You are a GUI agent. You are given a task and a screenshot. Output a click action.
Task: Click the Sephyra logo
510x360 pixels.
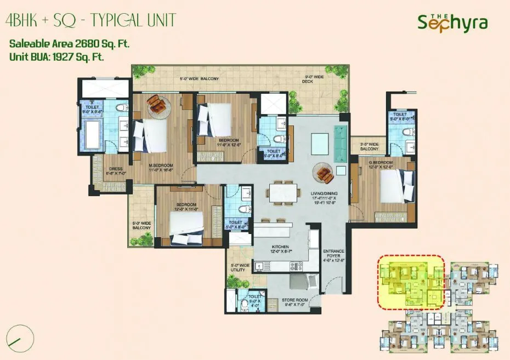[452, 22]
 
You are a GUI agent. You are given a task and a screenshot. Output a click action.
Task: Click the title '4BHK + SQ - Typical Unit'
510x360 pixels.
[90, 21]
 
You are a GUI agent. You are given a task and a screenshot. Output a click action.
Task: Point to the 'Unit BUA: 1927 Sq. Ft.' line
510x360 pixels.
[57, 55]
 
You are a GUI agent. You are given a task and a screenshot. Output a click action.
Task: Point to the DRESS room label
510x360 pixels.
[115, 170]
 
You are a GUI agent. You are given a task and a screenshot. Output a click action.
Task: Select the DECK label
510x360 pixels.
[307, 81]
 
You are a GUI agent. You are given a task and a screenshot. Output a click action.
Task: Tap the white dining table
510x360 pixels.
[282, 192]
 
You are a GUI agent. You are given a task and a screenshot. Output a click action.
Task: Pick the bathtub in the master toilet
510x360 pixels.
[90, 135]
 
